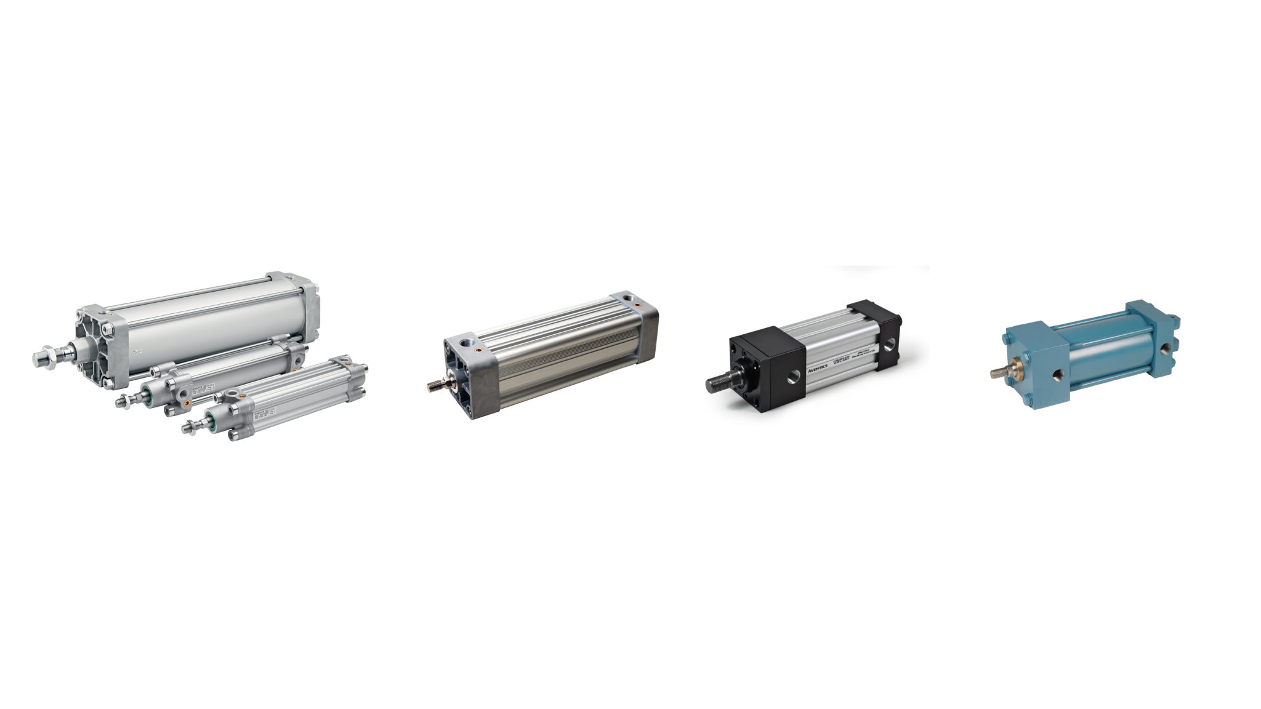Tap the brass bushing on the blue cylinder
point(1013,373)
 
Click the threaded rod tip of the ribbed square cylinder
point(433,386)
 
